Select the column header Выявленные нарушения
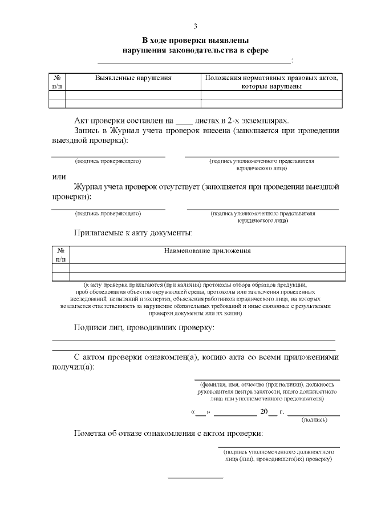pos(133,78)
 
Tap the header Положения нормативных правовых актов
pos(271,78)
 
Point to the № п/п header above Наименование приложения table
pos(60,255)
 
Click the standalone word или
pos(59,177)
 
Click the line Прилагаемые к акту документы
pos(133,233)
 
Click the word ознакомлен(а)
pos(172,357)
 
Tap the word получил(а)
pos(73,367)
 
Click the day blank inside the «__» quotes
pos(201,411)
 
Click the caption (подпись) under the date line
pos(314,420)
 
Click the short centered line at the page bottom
pos(195,478)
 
